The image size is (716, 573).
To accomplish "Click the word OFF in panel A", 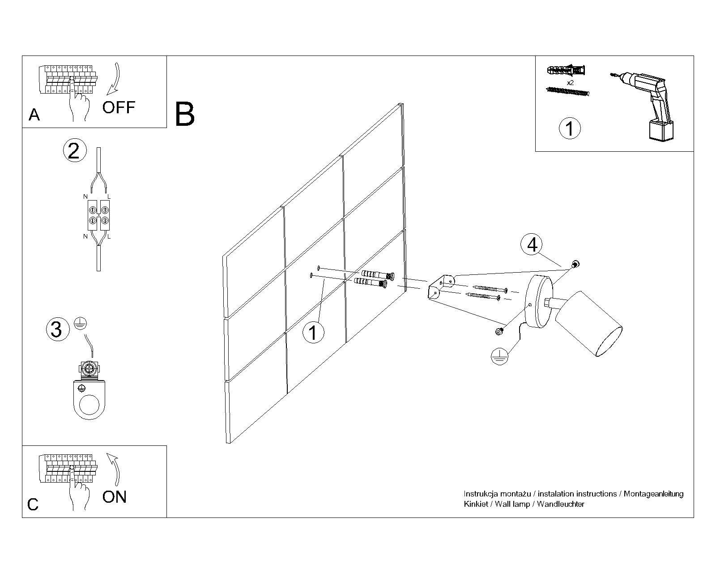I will click(119, 107).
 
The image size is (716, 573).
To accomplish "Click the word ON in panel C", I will click(115, 497).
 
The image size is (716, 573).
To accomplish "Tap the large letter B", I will click(185, 114).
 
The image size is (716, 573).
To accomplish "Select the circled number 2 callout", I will click(74, 150).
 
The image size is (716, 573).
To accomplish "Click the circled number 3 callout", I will click(56, 329).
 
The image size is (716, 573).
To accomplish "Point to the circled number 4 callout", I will click(532, 245).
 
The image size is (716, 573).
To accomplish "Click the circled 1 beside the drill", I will click(570, 128).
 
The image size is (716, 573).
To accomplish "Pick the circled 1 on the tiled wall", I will click(313, 333).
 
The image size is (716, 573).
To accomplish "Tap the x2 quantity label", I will click(570, 83).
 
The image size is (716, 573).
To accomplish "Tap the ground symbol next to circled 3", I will click(80, 324).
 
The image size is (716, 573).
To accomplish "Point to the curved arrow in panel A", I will click(115, 81).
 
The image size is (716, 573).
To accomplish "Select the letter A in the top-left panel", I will click(34, 115).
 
